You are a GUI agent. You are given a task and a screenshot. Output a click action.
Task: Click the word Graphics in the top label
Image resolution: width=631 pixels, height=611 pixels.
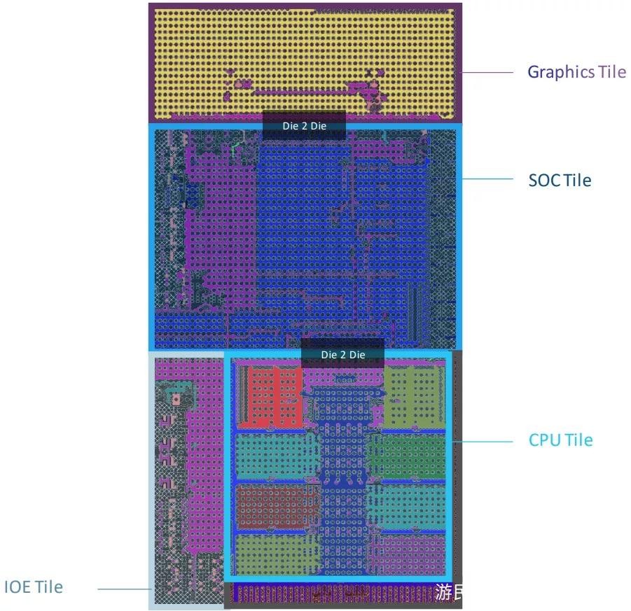(x=561, y=72)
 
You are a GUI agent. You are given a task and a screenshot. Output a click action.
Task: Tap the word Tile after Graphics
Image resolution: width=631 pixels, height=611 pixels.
(x=612, y=72)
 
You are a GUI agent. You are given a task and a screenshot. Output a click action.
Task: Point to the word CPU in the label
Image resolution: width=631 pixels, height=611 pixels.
(x=545, y=440)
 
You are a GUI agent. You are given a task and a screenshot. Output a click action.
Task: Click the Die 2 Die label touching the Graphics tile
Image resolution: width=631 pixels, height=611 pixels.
(x=304, y=126)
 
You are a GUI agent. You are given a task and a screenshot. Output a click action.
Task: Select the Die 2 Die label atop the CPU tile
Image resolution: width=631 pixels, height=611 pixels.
(x=343, y=355)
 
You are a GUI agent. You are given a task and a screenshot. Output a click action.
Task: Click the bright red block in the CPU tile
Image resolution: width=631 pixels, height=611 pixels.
(x=270, y=395)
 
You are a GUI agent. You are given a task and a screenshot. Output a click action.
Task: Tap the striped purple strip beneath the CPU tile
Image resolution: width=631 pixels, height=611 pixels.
(x=329, y=594)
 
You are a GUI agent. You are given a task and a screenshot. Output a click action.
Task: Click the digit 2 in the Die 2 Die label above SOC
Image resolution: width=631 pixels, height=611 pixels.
(x=304, y=126)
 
